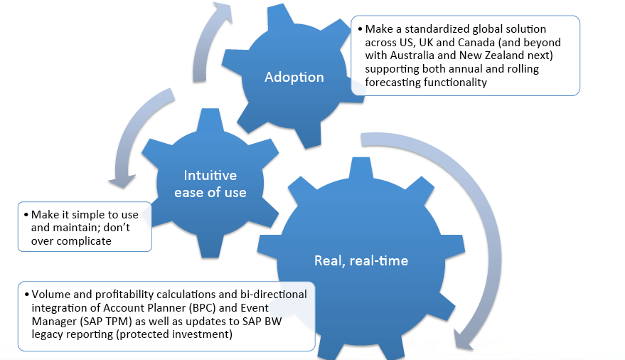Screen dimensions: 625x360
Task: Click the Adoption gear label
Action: click(x=294, y=77)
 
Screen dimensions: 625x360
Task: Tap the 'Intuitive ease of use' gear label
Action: click(x=210, y=184)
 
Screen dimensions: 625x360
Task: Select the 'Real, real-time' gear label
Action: click(x=361, y=260)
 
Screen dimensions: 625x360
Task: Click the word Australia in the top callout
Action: click(x=423, y=55)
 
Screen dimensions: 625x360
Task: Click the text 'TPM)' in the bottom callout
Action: click(x=120, y=322)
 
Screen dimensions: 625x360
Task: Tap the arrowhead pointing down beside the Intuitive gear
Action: click(x=122, y=181)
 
